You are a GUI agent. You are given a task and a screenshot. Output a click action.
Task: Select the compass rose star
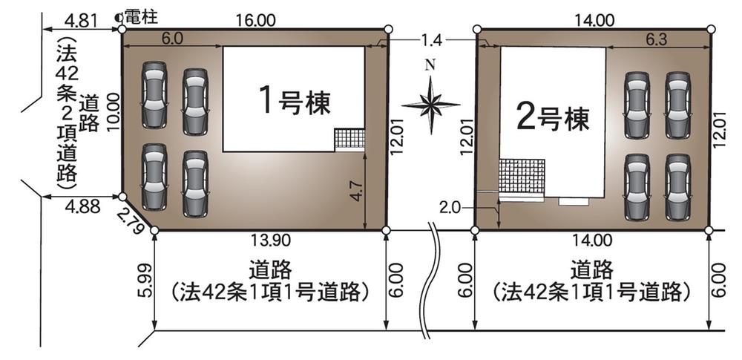click(x=430, y=105)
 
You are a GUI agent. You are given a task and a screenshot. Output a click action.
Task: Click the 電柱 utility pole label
click(x=142, y=18)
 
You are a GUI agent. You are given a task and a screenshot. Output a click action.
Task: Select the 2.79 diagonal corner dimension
click(x=130, y=220)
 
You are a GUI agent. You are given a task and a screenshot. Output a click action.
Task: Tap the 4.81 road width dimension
click(x=81, y=21)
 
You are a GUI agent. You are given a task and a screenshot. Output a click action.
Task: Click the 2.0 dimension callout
click(x=451, y=208)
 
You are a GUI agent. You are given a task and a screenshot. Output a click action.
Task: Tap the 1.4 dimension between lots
click(x=430, y=42)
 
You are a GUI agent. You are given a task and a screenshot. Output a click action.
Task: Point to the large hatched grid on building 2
click(x=522, y=176)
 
